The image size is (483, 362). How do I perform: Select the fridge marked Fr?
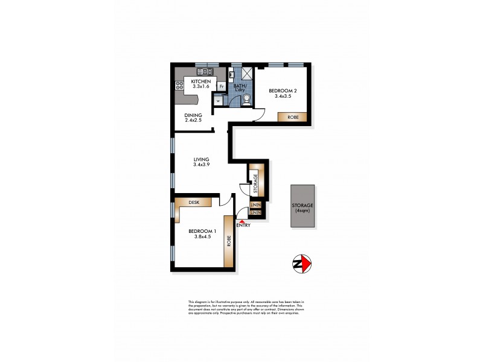[222, 86]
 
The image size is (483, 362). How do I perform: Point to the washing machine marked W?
[218, 101]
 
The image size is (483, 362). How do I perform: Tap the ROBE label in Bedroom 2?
[292, 116]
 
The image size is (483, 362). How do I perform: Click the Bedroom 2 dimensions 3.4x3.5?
[283, 96]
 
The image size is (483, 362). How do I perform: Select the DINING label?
[194, 115]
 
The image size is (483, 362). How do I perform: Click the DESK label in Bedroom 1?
[194, 203]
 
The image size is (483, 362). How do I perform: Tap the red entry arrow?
[243, 221]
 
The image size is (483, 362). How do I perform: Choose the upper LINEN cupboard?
[255, 206]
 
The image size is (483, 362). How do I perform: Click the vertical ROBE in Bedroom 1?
[229, 241]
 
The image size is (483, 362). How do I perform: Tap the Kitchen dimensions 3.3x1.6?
[201, 86]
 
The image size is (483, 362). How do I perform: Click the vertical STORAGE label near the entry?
[256, 182]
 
